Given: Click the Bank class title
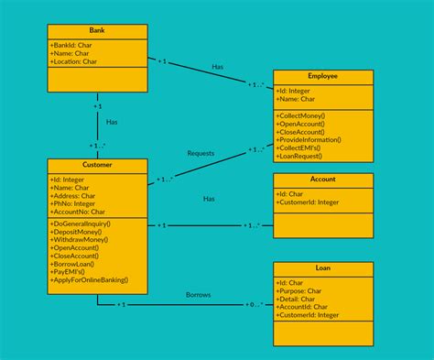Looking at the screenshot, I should [x=97, y=31].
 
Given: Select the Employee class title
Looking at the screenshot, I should [x=323, y=77].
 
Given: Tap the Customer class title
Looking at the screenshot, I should [x=97, y=166].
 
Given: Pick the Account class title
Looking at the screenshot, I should [x=323, y=180].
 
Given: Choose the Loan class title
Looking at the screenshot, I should [x=323, y=268].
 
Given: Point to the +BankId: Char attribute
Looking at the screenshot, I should [x=71, y=45].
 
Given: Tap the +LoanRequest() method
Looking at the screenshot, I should [x=305, y=158].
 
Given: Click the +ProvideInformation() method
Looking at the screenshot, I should [x=315, y=141].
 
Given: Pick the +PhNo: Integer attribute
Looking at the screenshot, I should [x=73, y=203].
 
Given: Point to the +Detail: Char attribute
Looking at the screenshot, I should [x=300, y=299].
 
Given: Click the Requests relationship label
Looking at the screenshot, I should [x=201, y=152].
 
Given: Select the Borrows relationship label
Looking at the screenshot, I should [x=197, y=295].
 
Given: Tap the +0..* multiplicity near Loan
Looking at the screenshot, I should [x=254, y=305].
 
